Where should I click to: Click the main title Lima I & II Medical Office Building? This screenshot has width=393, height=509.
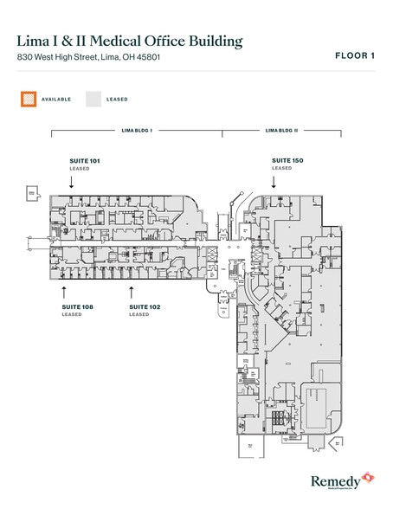coord(129,42)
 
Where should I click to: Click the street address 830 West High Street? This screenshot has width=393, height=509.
coord(88,58)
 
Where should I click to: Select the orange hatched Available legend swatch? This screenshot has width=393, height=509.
coord(29,99)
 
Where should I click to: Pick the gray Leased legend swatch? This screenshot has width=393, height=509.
coord(93,99)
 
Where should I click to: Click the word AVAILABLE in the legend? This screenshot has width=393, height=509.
coord(58,99)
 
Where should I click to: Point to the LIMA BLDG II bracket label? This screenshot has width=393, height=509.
coord(280,130)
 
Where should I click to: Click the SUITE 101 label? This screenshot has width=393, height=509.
coord(85,161)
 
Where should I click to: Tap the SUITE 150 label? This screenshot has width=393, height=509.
coord(287,160)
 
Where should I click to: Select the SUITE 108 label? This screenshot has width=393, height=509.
coord(78,306)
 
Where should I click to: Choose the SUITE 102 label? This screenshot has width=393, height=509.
coord(145,306)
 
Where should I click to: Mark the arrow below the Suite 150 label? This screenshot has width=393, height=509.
coord(274,181)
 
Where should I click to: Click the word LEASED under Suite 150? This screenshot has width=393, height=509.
coord(281,169)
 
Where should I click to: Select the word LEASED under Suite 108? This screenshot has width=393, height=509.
coord(71,315)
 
